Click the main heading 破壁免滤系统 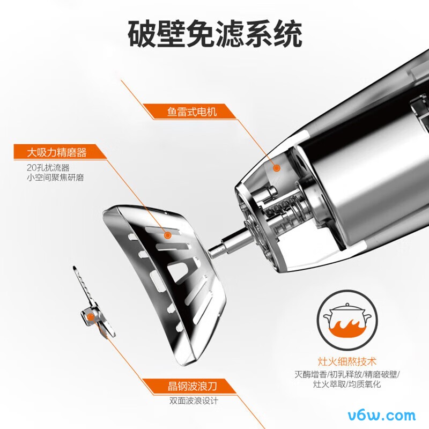point(215,34)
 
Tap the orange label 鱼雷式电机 point(192,112)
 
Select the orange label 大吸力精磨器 point(57,152)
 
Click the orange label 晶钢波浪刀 point(193,386)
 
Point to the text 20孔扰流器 point(48,167)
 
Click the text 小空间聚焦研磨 point(55,177)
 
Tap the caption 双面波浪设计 point(194,401)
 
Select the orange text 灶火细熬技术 point(347,361)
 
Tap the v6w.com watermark point(382,416)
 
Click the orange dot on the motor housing point(277,168)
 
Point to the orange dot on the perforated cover point(167,235)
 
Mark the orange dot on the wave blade point(90,317)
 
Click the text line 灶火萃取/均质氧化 point(347,384)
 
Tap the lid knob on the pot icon point(347,305)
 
